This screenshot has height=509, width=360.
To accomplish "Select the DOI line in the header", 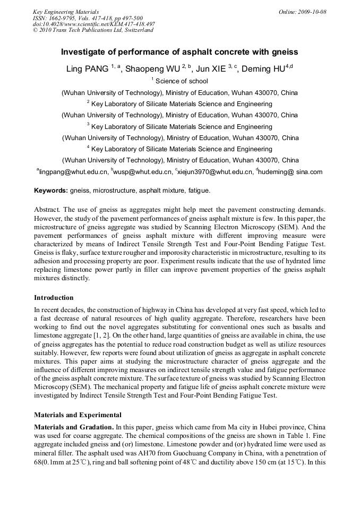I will click(93, 24).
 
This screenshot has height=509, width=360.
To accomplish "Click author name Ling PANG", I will click(87, 69).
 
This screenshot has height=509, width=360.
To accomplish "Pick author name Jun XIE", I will click(212, 69).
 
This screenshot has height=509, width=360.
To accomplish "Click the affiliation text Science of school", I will click(182, 81).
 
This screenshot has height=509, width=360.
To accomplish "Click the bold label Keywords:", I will click(51, 190).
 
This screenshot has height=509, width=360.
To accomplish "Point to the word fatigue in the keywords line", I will click(199, 190).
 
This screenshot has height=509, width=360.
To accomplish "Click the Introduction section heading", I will click(54, 297).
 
